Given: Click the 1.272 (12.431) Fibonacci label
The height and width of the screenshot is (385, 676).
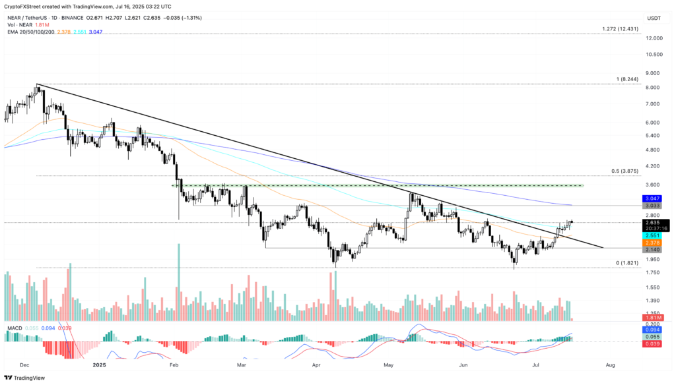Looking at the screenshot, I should click(620, 29).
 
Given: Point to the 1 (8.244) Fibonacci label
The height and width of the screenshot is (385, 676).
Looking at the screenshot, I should click(626, 79).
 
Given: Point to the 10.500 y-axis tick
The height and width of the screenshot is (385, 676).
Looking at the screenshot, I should click(654, 55).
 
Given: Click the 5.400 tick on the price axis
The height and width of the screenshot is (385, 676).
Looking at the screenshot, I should click(654, 136).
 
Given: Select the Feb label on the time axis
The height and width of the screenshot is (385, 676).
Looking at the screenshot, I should click(174, 364).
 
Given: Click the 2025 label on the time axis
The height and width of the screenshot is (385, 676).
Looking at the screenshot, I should click(99, 364).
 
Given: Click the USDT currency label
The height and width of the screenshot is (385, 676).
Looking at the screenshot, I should click(654, 18).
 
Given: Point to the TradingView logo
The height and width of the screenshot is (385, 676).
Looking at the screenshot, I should click(30, 378).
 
